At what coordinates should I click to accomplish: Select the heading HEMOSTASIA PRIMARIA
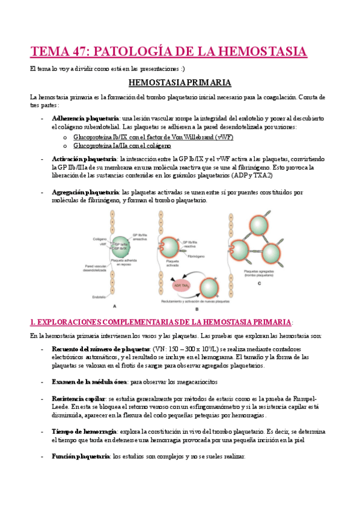pos(180,82)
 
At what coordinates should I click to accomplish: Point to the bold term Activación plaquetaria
pos(84,158)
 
